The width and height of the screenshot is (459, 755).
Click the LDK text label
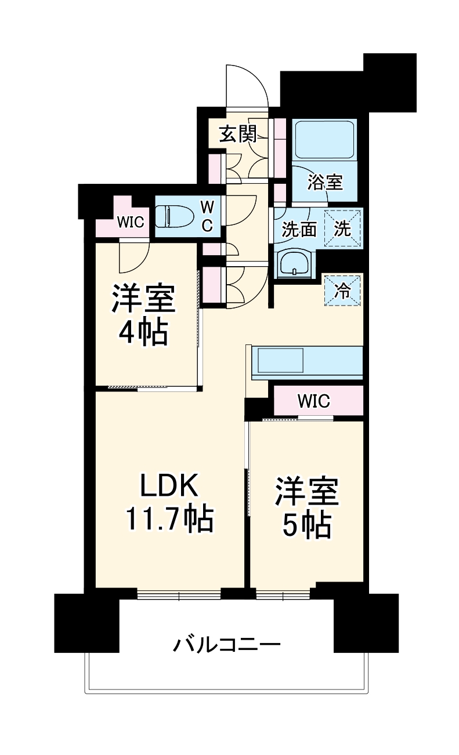[169, 487]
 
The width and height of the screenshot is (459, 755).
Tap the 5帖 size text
[306, 525]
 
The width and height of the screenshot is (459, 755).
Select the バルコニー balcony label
[227, 644]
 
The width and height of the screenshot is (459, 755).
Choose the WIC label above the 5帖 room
[313, 401]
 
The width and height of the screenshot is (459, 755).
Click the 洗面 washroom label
[299, 230]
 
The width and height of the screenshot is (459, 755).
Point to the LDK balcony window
[179, 594]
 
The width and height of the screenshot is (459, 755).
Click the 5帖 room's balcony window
[284, 594]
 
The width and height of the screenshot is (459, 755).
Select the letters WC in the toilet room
[207, 217]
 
